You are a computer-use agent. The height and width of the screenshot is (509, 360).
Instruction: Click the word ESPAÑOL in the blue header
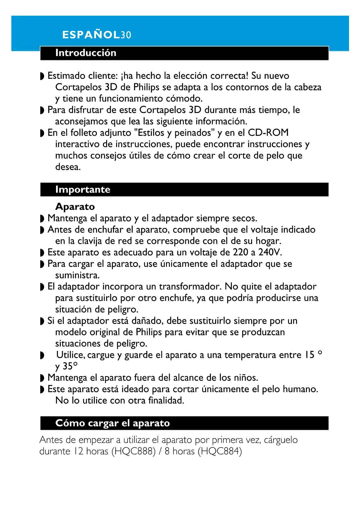tap(91, 35)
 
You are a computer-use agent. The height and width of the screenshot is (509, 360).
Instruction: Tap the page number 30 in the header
tap(126, 35)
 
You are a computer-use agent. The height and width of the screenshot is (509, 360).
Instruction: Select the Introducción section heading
tap(86, 53)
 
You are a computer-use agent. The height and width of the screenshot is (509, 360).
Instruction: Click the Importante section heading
tap(83, 189)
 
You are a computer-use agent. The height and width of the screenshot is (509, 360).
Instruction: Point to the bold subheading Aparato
tap(75, 207)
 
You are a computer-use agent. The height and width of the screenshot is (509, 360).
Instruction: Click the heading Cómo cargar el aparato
tap(112, 423)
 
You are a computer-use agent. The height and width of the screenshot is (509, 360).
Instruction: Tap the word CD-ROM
tap(268, 133)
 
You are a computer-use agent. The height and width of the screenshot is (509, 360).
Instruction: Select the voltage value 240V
tap(270, 252)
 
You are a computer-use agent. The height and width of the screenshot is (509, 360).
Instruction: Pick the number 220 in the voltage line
tap(240, 252)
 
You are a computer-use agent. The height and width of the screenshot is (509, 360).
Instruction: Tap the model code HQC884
tap(220, 452)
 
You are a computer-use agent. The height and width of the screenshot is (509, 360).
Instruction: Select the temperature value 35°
tap(70, 366)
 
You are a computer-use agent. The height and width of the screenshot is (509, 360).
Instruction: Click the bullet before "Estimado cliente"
tap(42, 76)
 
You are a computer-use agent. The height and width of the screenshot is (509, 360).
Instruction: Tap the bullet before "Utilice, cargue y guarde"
tap(42, 355)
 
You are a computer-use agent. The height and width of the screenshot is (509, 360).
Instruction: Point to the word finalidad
tap(166, 401)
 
